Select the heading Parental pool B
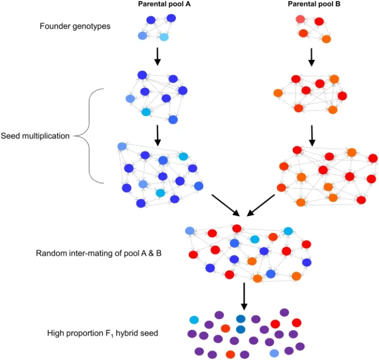tap(311, 4)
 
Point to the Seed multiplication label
tap(35, 135)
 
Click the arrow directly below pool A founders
tap(157, 55)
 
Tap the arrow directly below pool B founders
tap(311, 55)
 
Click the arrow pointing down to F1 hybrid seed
tap(244, 297)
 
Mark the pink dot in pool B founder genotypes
tap(300, 19)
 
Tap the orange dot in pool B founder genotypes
tap(326, 39)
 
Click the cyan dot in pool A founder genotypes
tap(164, 37)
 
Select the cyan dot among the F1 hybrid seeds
tap(194, 320)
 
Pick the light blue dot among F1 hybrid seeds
tap(274, 352)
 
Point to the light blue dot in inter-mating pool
tap(190, 230)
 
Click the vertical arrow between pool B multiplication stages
tap(311, 134)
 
